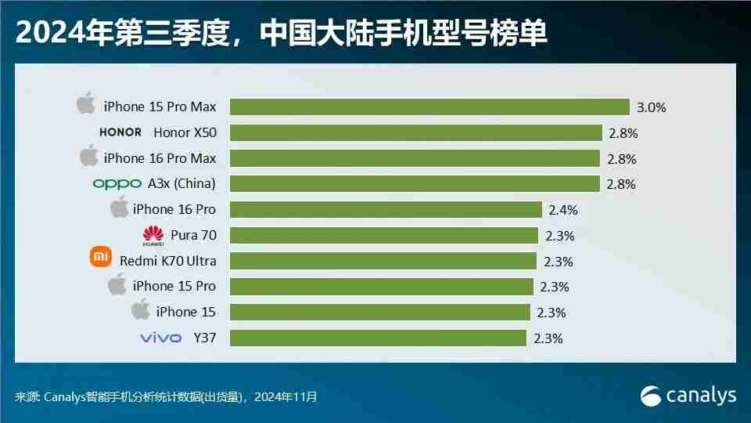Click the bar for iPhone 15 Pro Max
pos(429,107)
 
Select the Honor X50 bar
pos(415,132)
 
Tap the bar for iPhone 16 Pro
pos(386,209)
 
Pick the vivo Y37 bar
pos(378,338)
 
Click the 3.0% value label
pos(651,107)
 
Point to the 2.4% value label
pos(563,209)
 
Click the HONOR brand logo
pos(120,132)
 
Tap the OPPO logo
pos(117,184)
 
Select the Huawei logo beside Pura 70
pos(153,235)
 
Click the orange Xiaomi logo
pos(101,256)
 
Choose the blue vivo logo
pos(160,338)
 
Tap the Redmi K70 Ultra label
pos(167,260)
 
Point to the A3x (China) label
pos(181,184)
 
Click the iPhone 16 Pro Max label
pos(160,158)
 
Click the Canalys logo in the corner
pos(688,396)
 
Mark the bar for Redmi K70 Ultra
pos(383,261)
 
